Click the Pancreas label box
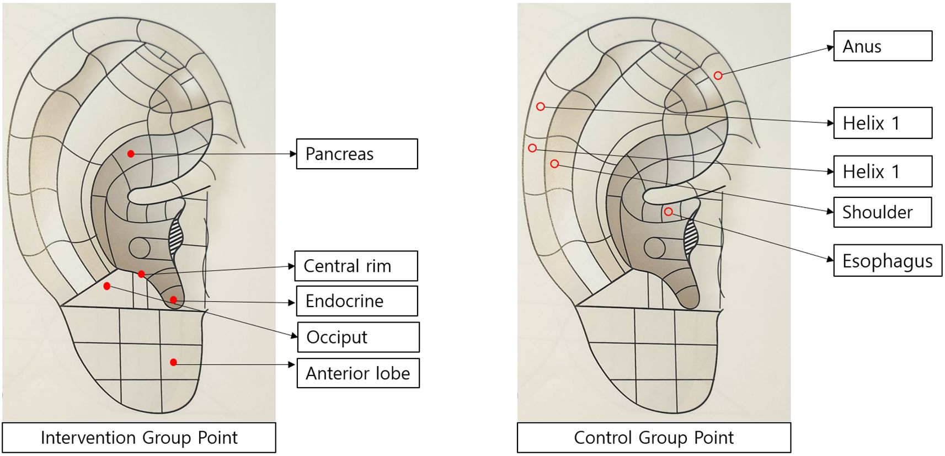click(357, 154)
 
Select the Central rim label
click(356, 266)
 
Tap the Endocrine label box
click(357, 301)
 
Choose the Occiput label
click(358, 337)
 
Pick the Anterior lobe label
click(358, 373)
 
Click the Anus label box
click(883, 46)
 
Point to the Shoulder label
click(882, 212)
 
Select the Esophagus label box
click(887, 260)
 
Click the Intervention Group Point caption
click(139, 438)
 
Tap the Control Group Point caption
click(654, 438)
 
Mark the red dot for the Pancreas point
click(131, 154)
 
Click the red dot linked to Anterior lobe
click(173, 362)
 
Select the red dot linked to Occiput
click(107, 286)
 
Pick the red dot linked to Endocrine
click(173, 300)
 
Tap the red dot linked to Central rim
click(142, 274)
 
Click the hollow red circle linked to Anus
click(718, 76)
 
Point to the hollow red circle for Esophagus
click(668, 212)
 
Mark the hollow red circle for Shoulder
click(554, 164)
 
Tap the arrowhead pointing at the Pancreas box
click(293, 154)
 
